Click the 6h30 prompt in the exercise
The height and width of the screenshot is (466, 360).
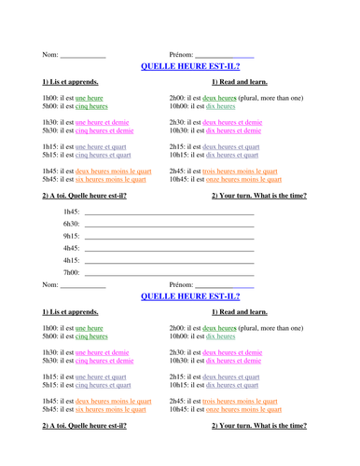[71, 225]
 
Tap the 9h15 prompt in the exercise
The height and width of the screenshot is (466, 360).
[71, 237]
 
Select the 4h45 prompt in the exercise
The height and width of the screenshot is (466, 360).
[71, 249]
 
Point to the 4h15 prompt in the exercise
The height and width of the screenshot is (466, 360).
[71, 261]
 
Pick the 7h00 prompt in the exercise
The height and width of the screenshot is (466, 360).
[71, 273]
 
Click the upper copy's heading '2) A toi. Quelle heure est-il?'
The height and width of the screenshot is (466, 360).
[84, 196]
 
